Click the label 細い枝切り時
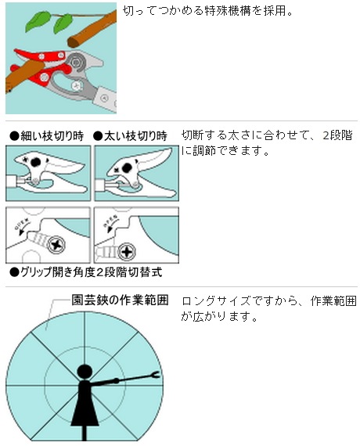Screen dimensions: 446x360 point(48,135)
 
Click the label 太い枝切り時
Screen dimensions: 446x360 point(131,135)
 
